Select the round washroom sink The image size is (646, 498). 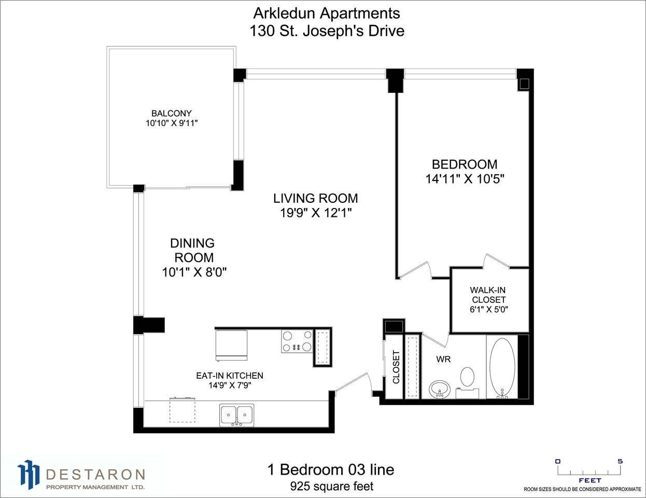[440, 389]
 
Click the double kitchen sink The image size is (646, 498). [236, 415]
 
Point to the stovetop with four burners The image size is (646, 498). [297, 342]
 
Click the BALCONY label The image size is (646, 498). [172, 113]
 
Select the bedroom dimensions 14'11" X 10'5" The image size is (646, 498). [465, 179]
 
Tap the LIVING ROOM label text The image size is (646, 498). [316, 198]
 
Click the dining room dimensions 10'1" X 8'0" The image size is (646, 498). [194, 272]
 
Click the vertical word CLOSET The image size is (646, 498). [396, 367]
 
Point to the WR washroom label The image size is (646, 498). [444, 359]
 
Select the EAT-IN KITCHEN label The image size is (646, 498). [230, 376]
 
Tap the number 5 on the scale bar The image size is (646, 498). [620, 462]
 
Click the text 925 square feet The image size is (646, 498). [332, 487]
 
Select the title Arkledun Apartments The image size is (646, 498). [327, 13]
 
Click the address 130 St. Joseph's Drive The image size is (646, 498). [327, 31]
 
